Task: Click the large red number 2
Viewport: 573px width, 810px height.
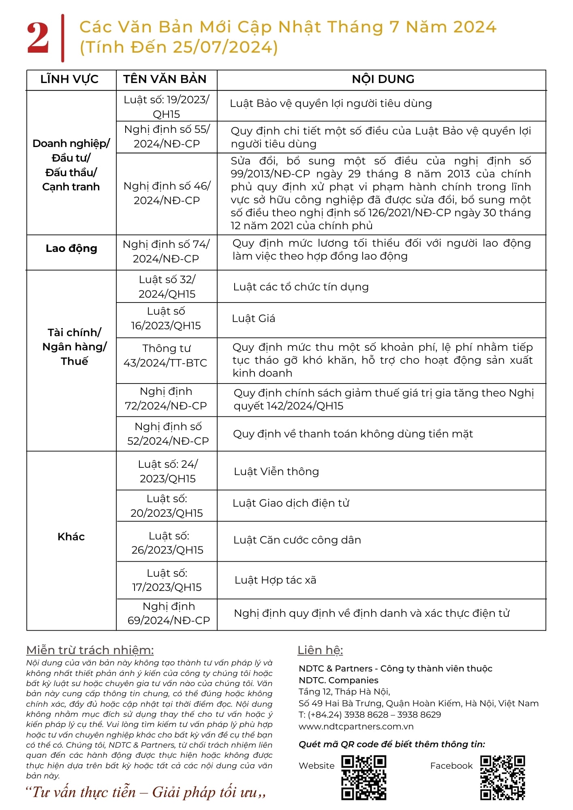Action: pos(38,38)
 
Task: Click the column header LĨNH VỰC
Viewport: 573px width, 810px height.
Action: pos(69,79)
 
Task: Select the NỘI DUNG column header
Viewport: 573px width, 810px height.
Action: pos(383,79)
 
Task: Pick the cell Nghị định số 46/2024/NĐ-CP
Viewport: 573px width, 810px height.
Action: pos(167,193)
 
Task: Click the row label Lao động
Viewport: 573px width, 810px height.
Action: pos(71,248)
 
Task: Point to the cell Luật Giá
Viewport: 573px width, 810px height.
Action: pos(254,319)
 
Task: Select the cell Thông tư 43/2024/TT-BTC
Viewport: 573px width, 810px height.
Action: pos(166,356)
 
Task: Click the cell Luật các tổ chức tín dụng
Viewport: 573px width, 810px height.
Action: pos(301,287)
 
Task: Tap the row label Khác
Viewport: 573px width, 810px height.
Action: pos(71,537)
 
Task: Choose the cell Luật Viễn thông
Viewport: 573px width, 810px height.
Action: pos(276,472)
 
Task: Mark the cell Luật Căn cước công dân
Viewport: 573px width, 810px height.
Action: pos(297,540)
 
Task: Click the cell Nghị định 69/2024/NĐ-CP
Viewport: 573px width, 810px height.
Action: pos(169,613)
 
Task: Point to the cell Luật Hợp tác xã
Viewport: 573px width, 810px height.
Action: pos(276,580)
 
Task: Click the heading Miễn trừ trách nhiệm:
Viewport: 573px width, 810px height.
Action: pos(90,650)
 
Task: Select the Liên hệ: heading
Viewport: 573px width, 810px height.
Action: pos(320,650)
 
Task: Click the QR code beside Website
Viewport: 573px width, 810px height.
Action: pos(363,777)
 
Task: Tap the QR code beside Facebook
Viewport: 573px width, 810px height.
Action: pos(502,777)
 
